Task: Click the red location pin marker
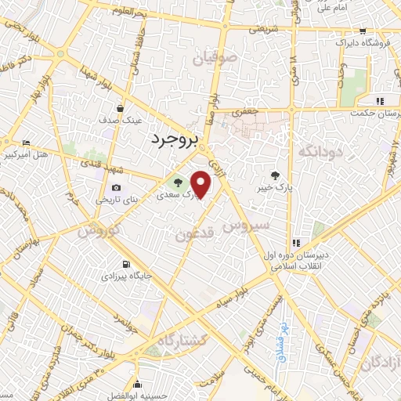[x=201, y=185]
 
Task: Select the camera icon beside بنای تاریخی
[x=117, y=187]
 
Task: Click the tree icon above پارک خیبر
[x=273, y=175]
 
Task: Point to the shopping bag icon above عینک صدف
[x=119, y=109]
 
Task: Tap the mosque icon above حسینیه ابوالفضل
[x=138, y=384]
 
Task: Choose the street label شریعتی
[x=263, y=28]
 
